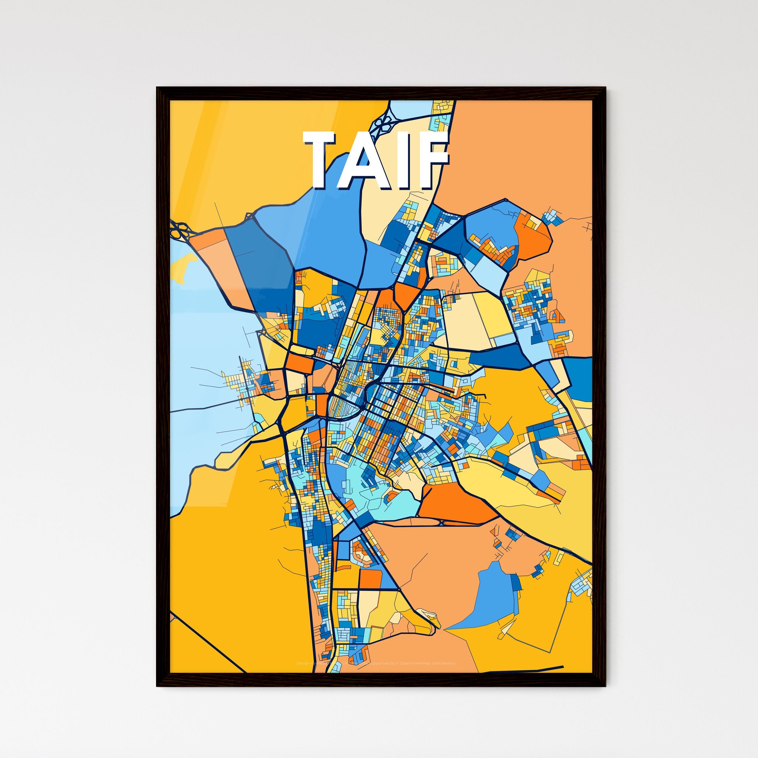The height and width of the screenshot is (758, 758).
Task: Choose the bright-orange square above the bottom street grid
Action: pos(370,579)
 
